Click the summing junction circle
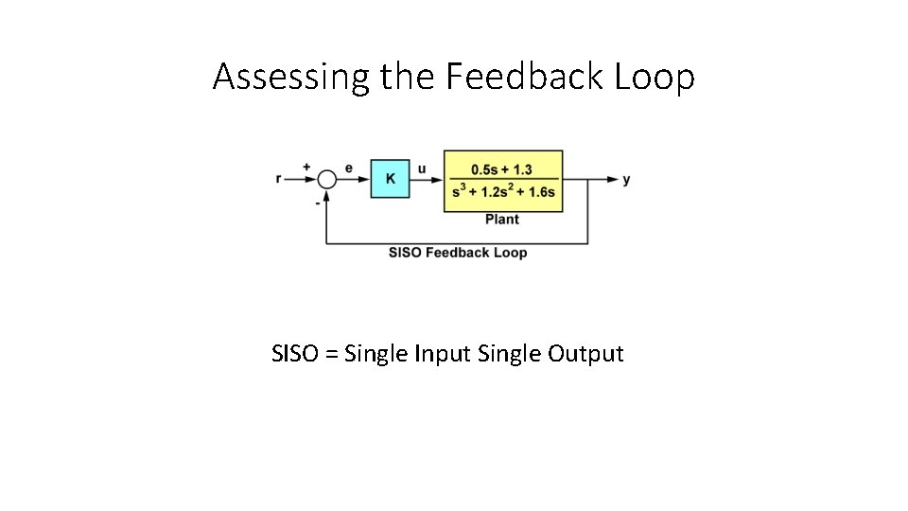326,179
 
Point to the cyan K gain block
390,178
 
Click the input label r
279,179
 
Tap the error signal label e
349,168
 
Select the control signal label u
422,169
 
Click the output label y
626,179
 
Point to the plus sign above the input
306,167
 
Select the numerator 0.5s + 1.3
502,168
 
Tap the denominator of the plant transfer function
503,192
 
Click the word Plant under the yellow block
502,220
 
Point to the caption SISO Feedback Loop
458,253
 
